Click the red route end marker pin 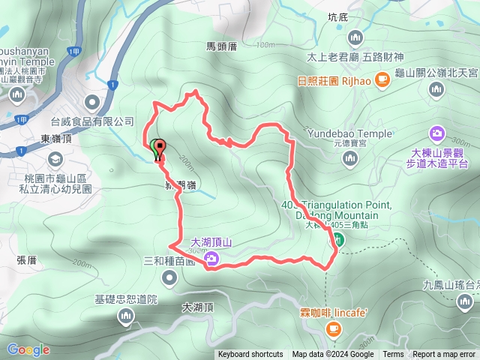click(160, 148)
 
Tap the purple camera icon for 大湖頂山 click(212, 259)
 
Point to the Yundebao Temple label click(349, 134)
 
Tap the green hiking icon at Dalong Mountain click(338, 240)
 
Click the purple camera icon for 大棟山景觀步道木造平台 click(436, 133)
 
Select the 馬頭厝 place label click(221, 46)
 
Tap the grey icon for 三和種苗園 click(169, 278)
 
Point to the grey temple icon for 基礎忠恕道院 click(124, 318)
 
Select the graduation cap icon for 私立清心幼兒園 click(55, 159)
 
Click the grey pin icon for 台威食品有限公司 click(92, 101)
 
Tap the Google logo click(28, 349)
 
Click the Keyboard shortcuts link click(250, 355)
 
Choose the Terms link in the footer click(393, 355)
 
